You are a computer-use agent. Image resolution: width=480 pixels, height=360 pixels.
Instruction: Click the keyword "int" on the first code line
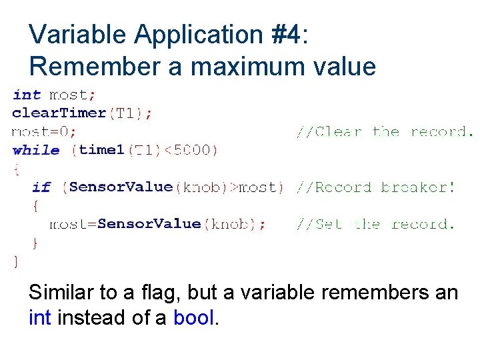(x=27, y=95)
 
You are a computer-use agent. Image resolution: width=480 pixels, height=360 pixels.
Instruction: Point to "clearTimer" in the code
(x=59, y=113)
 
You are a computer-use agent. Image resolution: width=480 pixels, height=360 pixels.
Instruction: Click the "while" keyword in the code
(x=36, y=150)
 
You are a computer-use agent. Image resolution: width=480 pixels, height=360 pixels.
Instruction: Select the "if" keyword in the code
(x=41, y=187)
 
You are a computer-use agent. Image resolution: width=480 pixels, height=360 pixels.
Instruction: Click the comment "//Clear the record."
(x=385, y=132)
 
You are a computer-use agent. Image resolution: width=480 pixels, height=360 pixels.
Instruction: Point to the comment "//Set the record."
(x=375, y=225)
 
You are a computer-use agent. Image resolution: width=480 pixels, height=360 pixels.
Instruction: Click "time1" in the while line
(x=101, y=150)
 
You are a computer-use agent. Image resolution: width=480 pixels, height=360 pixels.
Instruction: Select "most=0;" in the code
(x=45, y=132)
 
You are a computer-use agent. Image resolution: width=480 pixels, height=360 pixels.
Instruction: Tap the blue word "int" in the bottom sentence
(x=41, y=318)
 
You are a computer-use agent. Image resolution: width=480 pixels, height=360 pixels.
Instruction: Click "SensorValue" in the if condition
(x=121, y=187)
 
